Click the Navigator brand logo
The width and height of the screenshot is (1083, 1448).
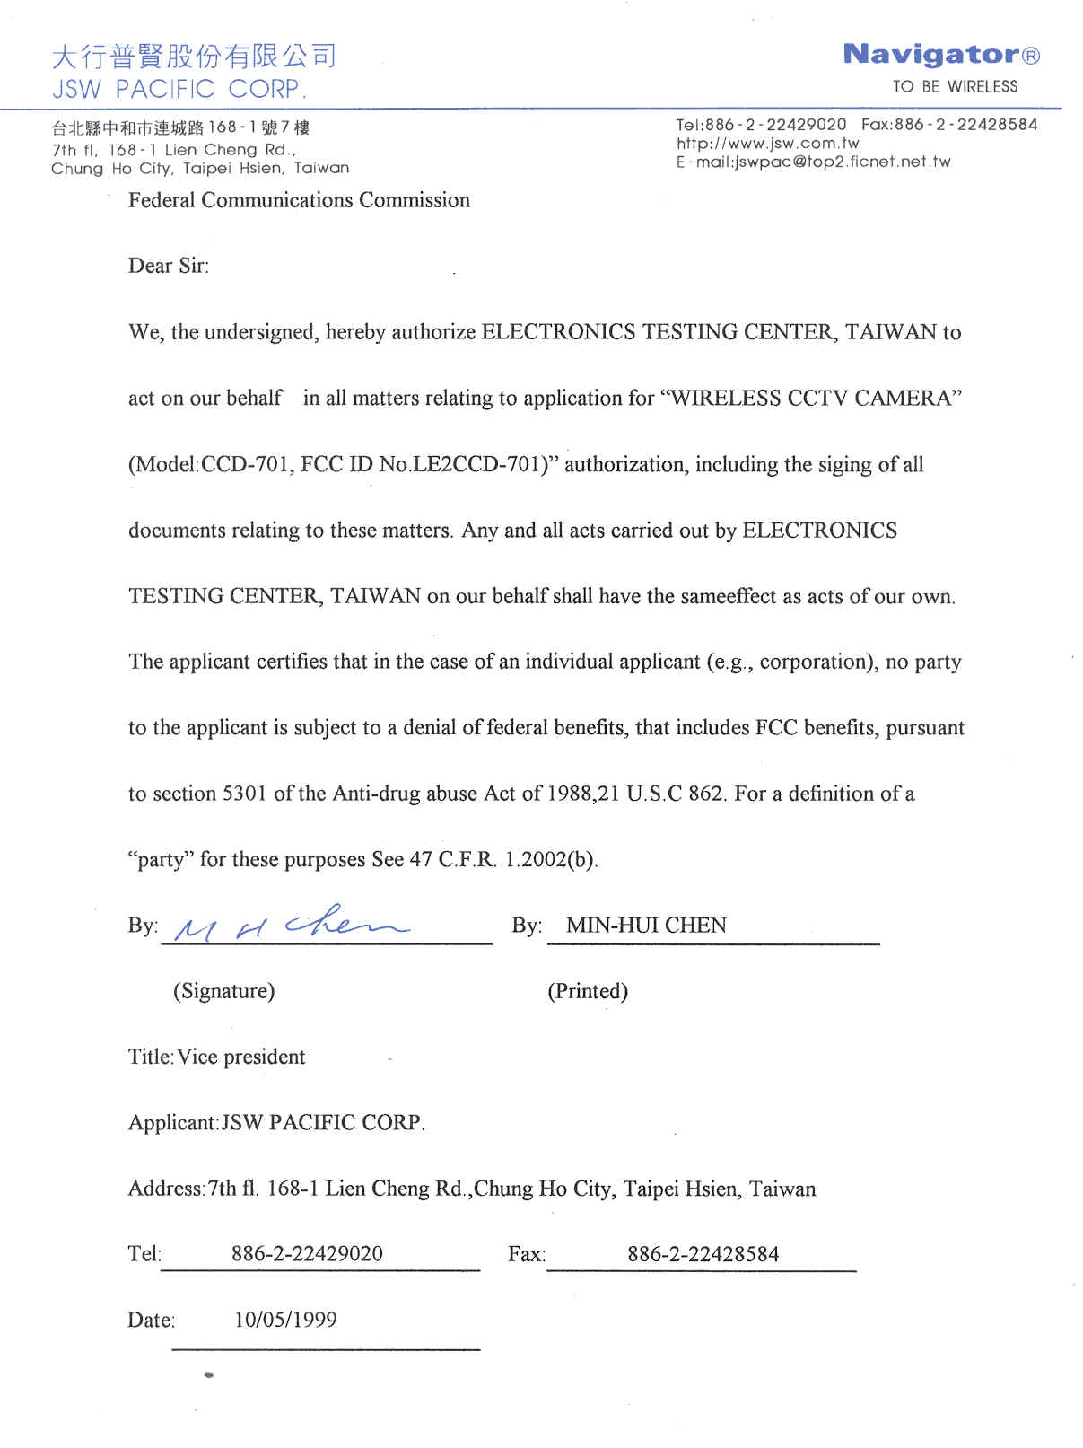(x=940, y=55)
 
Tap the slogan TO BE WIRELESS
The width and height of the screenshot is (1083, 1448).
(x=955, y=87)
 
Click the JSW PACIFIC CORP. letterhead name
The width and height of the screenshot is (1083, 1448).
(x=179, y=89)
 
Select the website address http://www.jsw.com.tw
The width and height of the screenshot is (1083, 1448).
(x=767, y=143)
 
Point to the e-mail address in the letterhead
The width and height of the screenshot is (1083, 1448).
(x=813, y=162)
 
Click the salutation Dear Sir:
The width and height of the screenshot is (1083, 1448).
(x=169, y=266)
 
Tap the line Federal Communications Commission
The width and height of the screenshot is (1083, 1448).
(x=299, y=200)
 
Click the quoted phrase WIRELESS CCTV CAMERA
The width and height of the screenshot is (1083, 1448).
(x=811, y=398)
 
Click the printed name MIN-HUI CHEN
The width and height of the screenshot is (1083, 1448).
(x=646, y=926)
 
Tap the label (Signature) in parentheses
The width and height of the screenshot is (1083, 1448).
(x=224, y=991)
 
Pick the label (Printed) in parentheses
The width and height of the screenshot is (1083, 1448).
(x=588, y=991)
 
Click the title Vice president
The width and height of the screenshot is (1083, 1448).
(x=241, y=1057)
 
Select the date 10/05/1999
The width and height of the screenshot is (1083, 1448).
(x=285, y=1320)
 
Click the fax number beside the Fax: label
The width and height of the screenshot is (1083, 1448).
(x=703, y=1254)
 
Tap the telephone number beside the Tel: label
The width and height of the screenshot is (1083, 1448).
(x=307, y=1254)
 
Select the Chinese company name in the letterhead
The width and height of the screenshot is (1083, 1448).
(x=194, y=56)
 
